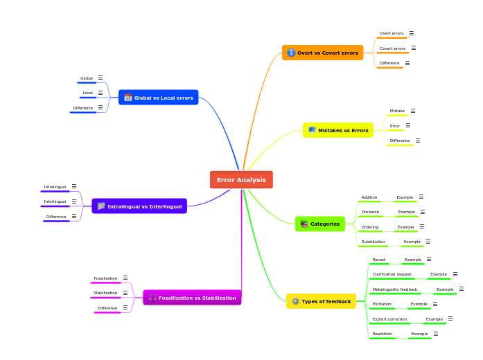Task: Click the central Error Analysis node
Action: pos(241,180)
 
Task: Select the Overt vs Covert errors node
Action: pos(323,53)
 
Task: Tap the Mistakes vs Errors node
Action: pos(338,130)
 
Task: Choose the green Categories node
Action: pos(320,224)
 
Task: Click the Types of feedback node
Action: pos(321,301)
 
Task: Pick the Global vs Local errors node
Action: pos(159,98)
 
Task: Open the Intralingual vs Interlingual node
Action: pos(139,206)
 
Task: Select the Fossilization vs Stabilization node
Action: pos(192,298)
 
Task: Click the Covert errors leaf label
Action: pos(392,48)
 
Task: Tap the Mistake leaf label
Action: pos(397,111)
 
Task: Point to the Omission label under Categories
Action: pos(370,212)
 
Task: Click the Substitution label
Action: pos(373,242)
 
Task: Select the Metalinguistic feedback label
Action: pos(395,289)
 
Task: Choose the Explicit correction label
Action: pos(389,319)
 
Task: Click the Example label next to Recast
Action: pos(413,260)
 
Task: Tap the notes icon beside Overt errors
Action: pos(411,33)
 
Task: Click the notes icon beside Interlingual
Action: pos(74,201)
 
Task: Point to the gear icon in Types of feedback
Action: pos(295,301)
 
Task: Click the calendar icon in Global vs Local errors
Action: pos(128,98)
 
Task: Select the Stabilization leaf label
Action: pos(105,293)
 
